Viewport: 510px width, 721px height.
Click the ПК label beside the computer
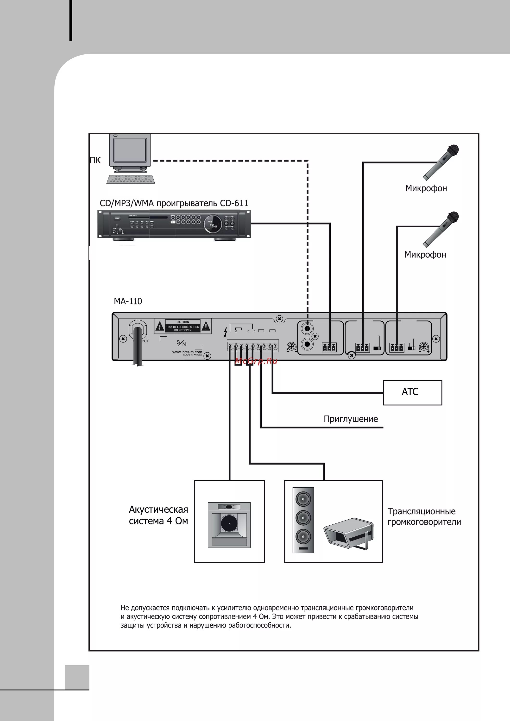(95, 160)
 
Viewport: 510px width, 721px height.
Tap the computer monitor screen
(130, 150)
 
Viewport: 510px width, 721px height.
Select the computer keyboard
(131, 179)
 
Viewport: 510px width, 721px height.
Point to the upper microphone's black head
(453, 150)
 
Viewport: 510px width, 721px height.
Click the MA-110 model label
(128, 301)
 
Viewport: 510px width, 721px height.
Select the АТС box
(412, 392)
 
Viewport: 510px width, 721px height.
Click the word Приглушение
(351, 419)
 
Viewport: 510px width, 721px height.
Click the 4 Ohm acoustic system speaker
(229, 525)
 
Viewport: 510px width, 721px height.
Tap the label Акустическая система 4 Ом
(158, 515)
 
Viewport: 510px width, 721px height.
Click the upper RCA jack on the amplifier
(307, 329)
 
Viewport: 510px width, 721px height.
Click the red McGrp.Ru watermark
(256, 361)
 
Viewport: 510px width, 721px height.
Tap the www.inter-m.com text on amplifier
(187, 352)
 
